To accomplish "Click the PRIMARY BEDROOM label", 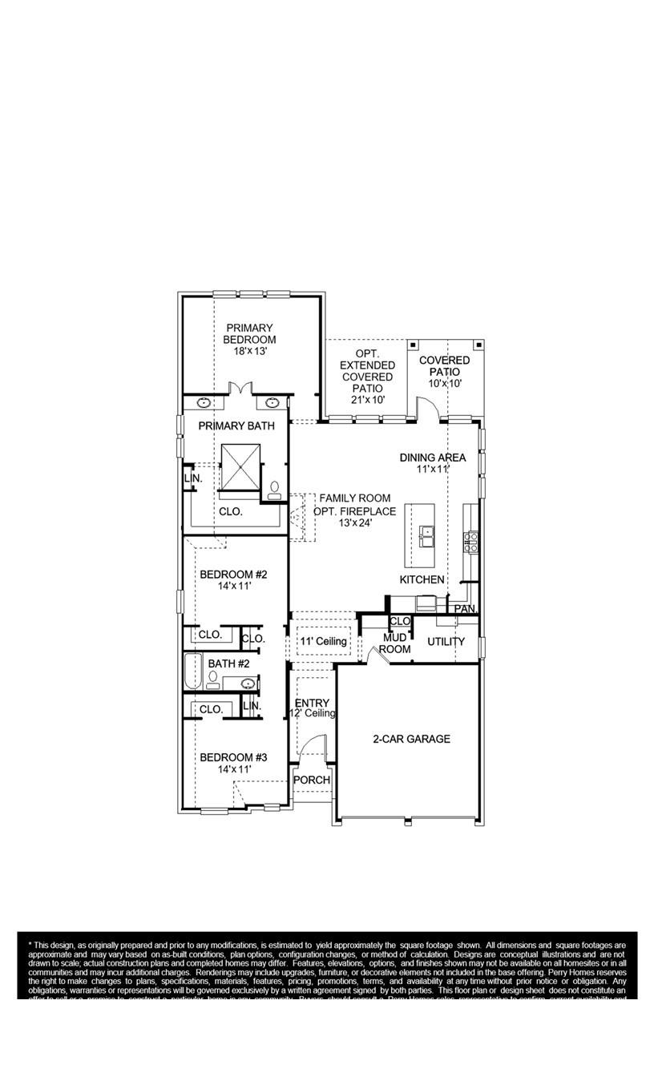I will [x=249, y=333].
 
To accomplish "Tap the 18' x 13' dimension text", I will [x=249, y=351].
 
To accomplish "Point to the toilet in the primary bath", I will [x=274, y=490].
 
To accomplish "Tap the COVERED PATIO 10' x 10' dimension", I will [x=444, y=383].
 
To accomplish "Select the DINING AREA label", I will [x=433, y=458].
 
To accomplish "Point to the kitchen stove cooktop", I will [x=470, y=543].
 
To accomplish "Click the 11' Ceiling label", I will [x=323, y=641].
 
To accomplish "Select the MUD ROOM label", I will [x=394, y=643].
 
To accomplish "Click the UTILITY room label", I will [x=446, y=641].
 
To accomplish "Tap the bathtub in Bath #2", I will [x=192, y=672].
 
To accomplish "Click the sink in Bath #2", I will [x=248, y=684].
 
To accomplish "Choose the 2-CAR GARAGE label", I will [x=411, y=739].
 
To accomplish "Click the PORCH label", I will [x=311, y=780].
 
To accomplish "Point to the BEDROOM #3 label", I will [x=233, y=757].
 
